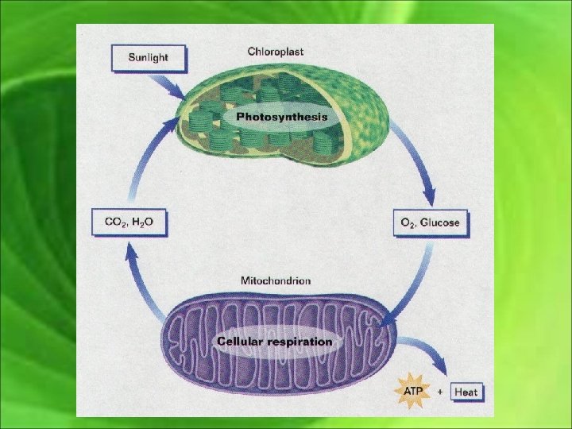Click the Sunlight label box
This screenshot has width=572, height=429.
click(x=149, y=58)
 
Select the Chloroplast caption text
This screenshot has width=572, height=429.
click(x=275, y=52)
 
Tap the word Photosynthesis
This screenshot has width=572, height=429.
click(x=281, y=117)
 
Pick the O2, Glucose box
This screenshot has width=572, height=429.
click(x=427, y=223)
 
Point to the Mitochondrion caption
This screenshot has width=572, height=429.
click(x=276, y=280)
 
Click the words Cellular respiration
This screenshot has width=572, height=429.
click(x=275, y=342)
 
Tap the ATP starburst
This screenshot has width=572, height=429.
click(x=413, y=392)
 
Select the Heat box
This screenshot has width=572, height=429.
click(x=466, y=392)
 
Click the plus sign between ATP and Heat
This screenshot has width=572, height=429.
click(x=440, y=392)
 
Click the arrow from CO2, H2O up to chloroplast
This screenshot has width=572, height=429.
click(x=151, y=159)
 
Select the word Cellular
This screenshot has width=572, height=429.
click(x=240, y=342)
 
